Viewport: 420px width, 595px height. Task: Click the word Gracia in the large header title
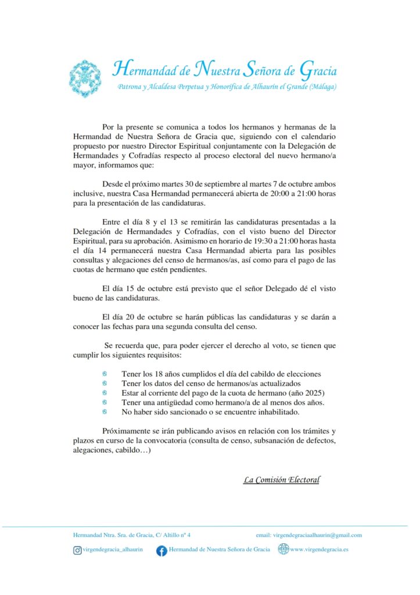[x=318, y=70]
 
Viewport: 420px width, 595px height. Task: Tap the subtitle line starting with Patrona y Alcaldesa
[x=227, y=87]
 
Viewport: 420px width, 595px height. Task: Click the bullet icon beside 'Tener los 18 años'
[x=105, y=374]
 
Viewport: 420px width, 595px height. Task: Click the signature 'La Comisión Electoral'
[x=282, y=480]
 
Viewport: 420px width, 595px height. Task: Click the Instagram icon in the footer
[x=77, y=550]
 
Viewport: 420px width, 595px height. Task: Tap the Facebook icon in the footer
[x=161, y=550]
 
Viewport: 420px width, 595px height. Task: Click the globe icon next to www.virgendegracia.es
[x=283, y=549]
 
